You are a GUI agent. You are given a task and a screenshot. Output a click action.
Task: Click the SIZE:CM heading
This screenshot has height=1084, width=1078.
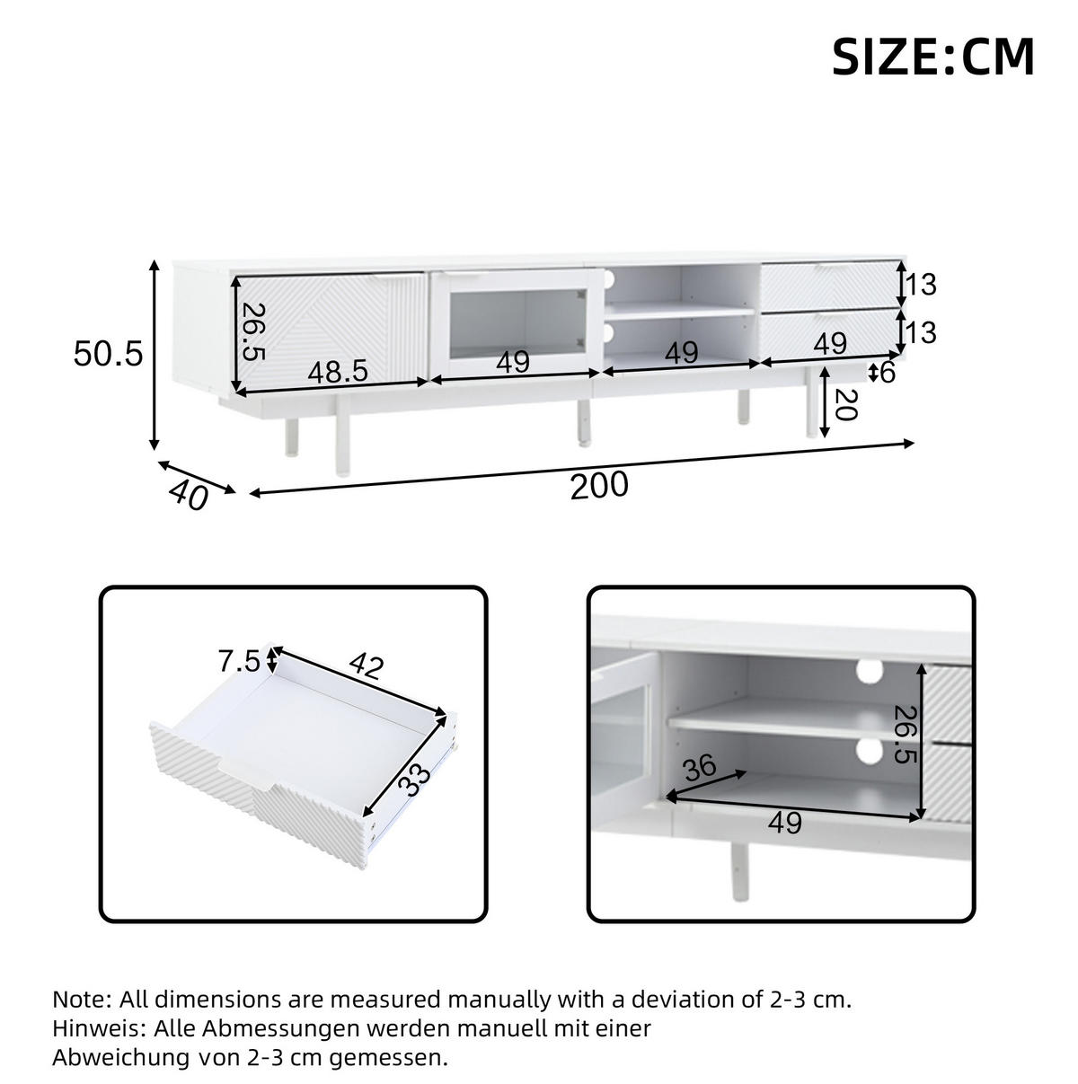pos(932,57)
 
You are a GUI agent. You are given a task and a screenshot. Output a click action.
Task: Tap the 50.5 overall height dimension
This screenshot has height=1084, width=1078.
pos(108,354)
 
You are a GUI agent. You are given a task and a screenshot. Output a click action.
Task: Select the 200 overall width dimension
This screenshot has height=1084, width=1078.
pos(599,485)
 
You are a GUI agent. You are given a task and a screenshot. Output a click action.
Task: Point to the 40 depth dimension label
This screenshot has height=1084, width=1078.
pos(189,496)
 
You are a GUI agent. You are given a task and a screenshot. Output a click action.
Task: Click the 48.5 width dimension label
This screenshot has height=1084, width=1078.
pos(338,372)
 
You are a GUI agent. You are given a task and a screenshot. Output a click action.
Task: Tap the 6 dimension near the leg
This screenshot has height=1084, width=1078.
pos(888,372)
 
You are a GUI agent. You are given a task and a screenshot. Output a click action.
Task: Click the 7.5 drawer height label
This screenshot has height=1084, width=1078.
pos(239,661)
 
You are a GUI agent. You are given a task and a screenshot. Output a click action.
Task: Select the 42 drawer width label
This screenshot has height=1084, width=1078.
pos(367,665)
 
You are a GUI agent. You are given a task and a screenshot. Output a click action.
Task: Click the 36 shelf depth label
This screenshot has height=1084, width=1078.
pos(700,767)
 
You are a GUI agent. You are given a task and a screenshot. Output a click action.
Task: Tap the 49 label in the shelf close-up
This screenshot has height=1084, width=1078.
pos(785,823)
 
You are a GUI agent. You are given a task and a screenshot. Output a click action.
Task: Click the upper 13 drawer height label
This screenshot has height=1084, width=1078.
pos(921,285)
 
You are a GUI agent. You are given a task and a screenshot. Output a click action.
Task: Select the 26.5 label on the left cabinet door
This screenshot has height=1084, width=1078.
pos(252,332)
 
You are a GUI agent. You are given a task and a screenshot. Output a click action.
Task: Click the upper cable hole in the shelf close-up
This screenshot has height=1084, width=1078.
pos(870,671)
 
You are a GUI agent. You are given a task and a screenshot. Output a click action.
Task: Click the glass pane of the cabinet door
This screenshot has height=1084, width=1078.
pos(515,324)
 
